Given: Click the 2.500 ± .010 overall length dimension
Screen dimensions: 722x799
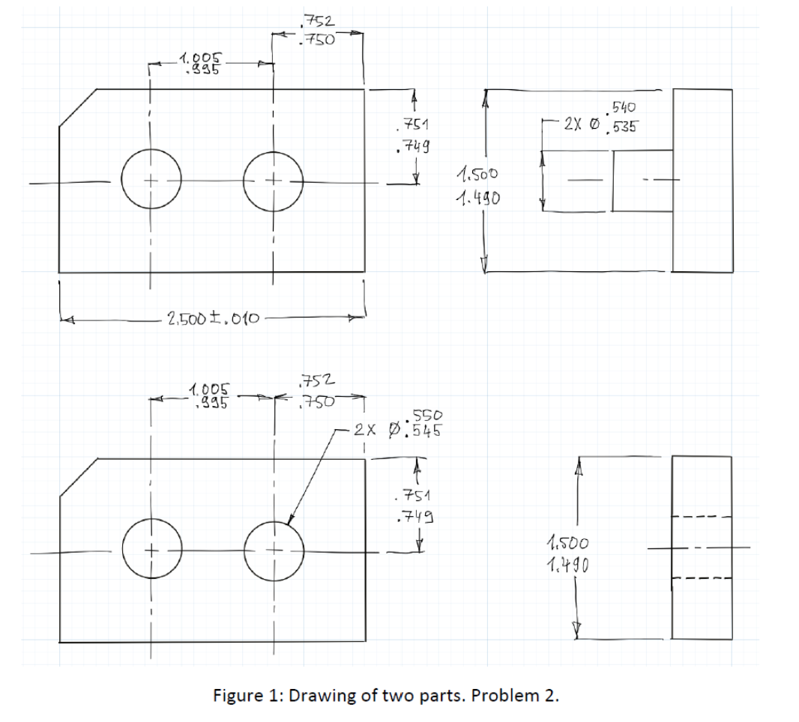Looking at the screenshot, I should (213, 319).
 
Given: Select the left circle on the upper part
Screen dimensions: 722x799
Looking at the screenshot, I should (151, 180).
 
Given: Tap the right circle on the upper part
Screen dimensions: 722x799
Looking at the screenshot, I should (274, 180).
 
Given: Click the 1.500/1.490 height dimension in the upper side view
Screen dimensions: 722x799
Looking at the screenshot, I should (475, 188).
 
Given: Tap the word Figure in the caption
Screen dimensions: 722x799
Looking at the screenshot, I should (236, 695).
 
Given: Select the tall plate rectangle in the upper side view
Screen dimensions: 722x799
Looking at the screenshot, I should (702, 180).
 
